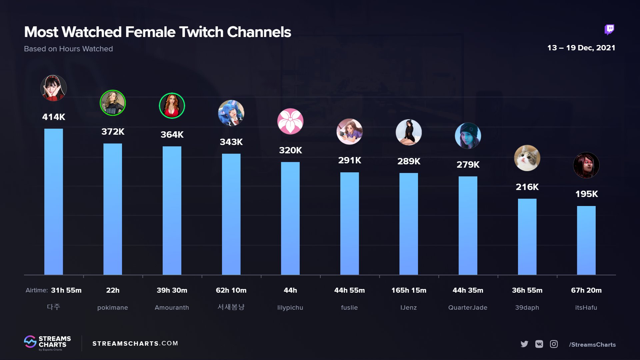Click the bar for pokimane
[113, 209]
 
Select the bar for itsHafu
[586, 240]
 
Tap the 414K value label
[54, 117]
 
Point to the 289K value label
[409, 161]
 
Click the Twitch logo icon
[609, 30]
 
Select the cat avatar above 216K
[527, 158]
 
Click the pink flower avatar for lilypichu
[290, 121]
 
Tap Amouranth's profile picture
[172, 106]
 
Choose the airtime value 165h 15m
[409, 290]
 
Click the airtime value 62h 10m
[231, 290]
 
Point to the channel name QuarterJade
[468, 308]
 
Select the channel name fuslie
[349, 308]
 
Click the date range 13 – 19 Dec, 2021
[581, 48]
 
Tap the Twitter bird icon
[524, 344]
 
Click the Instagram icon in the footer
[554, 344]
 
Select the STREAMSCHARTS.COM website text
[135, 343]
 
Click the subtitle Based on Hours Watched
[68, 49]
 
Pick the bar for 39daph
[527, 237]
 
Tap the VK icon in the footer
[539, 344]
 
